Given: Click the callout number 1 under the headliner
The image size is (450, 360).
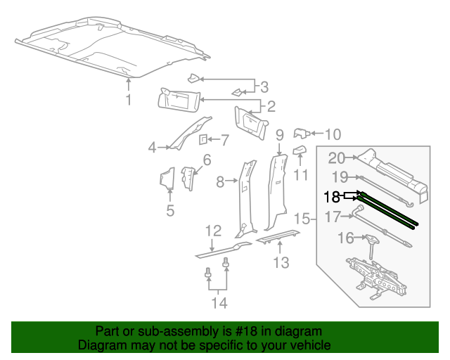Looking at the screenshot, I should pyautogui.click(x=128, y=101).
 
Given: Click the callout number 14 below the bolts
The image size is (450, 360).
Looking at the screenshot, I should pyautogui.click(x=220, y=303).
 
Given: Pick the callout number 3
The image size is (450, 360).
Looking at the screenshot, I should pyautogui.click(x=264, y=88).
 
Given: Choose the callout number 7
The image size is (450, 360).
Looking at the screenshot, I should pyautogui.click(x=225, y=139).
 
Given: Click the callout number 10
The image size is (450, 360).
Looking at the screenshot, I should pyautogui.click(x=333, y=133).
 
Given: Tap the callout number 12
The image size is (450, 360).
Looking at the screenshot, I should pyautogui.click(x=213, y=231).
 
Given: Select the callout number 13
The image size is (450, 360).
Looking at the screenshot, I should pyautogui.click(x=281, y=264).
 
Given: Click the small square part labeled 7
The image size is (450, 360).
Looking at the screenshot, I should pyautogui.click(x=202, y=139).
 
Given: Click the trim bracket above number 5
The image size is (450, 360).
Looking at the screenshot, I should pyautogui.click(x=167, y=179).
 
